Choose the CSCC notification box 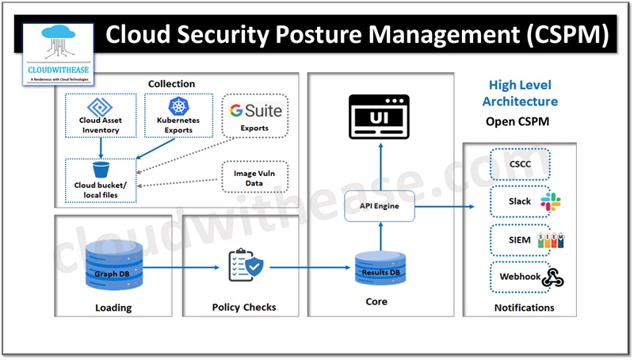click(521, 164)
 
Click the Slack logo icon click(551, 201)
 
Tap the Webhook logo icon click(552, 277)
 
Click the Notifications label click(521, 308)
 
